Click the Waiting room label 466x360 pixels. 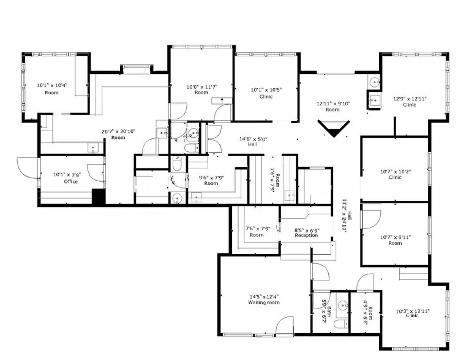coord(263,302)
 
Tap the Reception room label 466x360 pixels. coord(306,235)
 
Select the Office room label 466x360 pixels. coord(71,181)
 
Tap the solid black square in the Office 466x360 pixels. coord(98,197)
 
